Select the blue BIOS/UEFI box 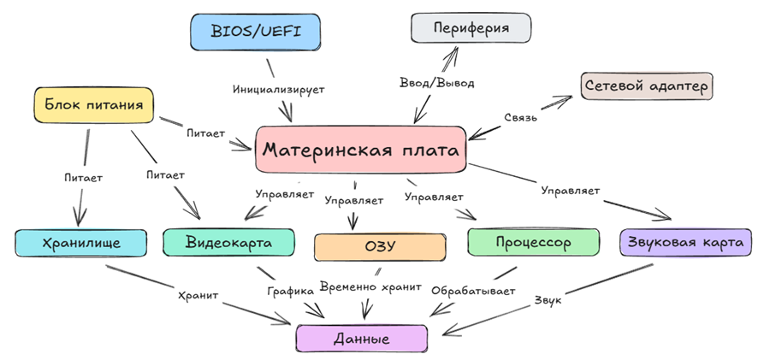(x=256, y=32)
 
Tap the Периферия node (x=471, y=28)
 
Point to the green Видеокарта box (x=228, y=243)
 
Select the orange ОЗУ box (x=380, y=247)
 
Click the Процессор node (x=533, y=243)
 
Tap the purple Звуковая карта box (x=681, y=242)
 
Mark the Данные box (x=362, y=339)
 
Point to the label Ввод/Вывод (x=437, y=83)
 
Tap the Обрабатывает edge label (x=473, y=291)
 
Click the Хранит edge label (x=198, y=294)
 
